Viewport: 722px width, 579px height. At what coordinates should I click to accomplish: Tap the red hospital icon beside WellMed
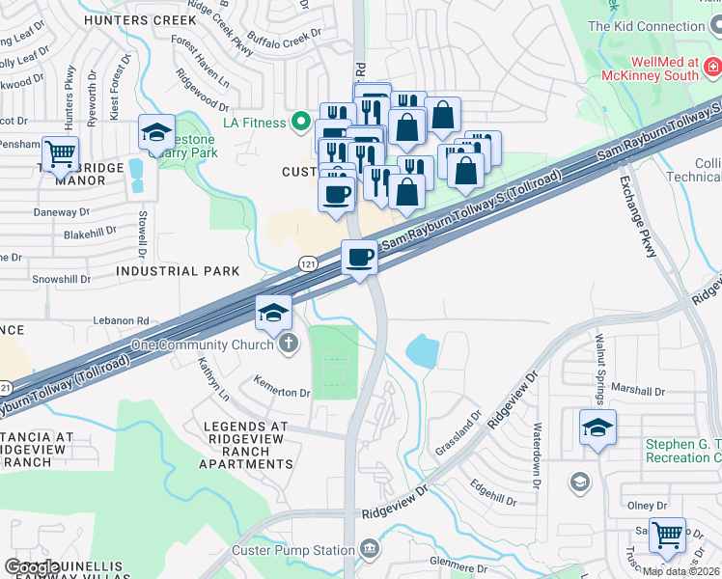(x=712, y=67)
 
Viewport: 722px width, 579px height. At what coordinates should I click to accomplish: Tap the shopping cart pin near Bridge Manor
(x=60, y=152)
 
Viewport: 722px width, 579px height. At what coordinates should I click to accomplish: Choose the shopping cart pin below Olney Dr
(x=667, y=534)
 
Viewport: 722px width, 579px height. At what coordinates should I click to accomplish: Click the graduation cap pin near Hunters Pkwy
(x=156, y=133)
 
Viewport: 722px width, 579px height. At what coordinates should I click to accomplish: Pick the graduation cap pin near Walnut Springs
(x=597, y=427)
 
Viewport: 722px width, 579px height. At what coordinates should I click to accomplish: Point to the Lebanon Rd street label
(x=122, y=320)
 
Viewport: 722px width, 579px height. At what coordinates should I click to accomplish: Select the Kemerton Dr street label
(x=281, y=393)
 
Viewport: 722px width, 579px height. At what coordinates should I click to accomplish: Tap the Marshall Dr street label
(x=639, y=392)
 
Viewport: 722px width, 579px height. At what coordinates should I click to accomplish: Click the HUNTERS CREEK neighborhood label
(x=132, y=19)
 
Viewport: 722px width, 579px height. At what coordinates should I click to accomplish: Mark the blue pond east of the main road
(x=423, y=351)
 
